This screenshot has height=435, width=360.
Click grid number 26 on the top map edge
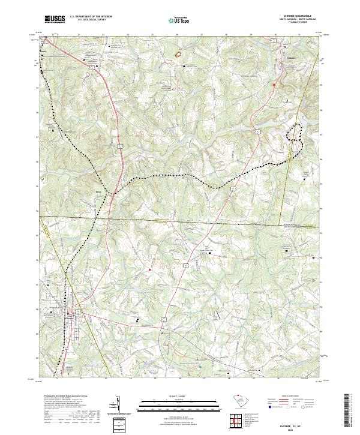178,35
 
